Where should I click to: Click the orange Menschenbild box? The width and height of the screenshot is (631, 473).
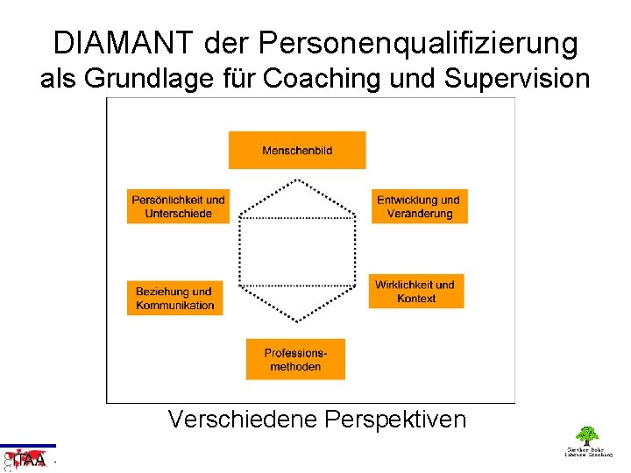coord(297,150)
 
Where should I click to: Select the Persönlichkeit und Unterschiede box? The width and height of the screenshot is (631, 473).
coord(178,207)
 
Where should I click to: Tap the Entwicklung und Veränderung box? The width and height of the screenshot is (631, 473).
coord(419,207)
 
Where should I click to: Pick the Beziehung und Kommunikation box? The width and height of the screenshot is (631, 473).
coord(175,298)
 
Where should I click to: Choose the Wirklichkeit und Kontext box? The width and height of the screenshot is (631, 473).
coord(415,291)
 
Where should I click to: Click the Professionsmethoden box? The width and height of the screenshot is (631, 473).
coord(295,359)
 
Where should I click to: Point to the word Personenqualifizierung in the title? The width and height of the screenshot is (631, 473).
coord(419,43)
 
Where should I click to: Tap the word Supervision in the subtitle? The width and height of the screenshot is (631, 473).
coord(517,79)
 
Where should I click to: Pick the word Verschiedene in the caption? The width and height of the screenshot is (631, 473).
coord(242,420)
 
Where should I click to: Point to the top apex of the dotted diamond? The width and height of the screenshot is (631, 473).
coord(298,179)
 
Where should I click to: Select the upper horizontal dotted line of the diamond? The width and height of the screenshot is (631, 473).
coord(298,217)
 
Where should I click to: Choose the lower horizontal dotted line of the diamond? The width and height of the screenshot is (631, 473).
coord(298,286)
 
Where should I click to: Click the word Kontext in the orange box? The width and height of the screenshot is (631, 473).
coord(416,299)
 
